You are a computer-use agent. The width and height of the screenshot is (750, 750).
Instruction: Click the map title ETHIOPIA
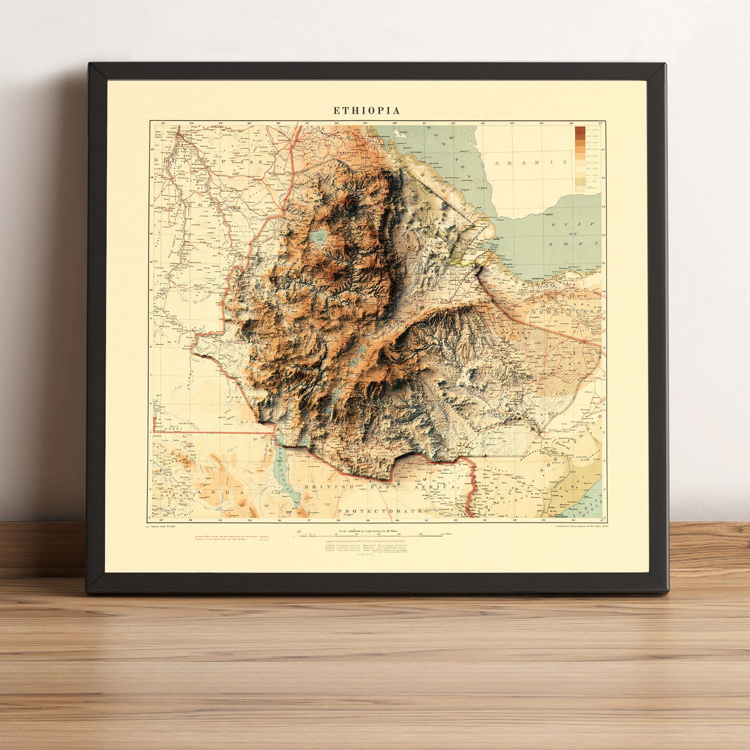point(366,111)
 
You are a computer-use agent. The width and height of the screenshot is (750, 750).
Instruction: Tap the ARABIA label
point(530,162)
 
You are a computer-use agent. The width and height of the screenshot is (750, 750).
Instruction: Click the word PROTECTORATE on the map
point(380,511)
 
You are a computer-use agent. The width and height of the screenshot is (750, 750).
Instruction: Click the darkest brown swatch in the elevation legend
point(580,129)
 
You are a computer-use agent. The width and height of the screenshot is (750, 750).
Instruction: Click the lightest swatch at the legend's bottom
point(580,189)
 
